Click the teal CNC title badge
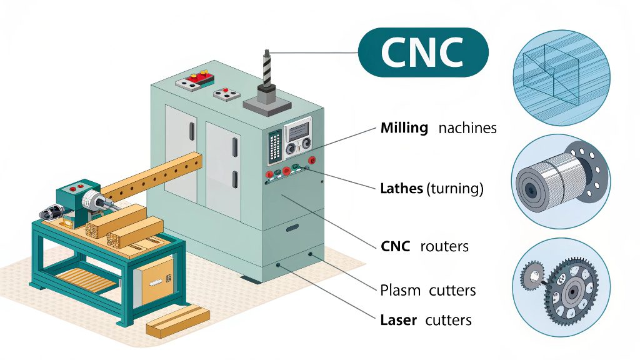(x=423, y=52)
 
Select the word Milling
(x=404, y=128)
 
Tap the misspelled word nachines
(x=467, y=128)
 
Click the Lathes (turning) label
(x=431, y=188)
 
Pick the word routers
(x=444, y=246)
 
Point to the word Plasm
(x=401, y=290)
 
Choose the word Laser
(x=398, y=320)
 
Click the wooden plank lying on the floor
(x=177, y=320)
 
